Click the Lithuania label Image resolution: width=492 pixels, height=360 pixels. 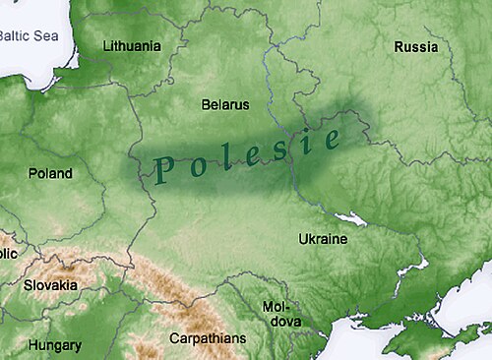click(x=131, y=46)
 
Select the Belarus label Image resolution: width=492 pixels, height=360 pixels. click(x=225, y=104)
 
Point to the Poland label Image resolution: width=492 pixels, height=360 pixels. click(x=50, y=174)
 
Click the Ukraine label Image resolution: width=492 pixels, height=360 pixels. click(x=322, y=239)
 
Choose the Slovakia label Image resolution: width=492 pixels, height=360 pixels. click(x=50, y=285)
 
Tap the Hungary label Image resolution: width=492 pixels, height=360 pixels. click(x=54, y=345)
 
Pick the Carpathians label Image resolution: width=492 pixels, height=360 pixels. click(x=208, y=338)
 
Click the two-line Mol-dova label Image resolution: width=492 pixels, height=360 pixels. click(x=277, y=314)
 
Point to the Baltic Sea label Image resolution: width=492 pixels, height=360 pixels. click(x=29, y=35)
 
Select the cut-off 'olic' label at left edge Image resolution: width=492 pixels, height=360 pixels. click(x=9, y=254)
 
